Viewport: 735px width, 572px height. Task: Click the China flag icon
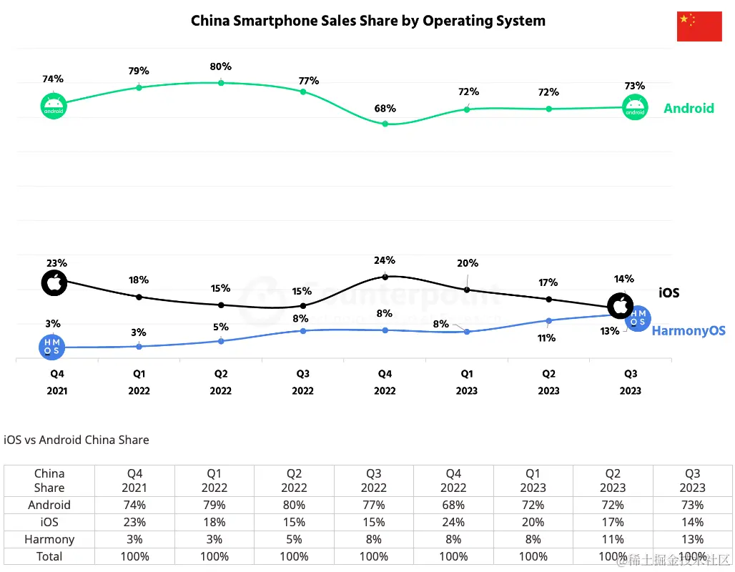pyautogui.click(x=699, y=26)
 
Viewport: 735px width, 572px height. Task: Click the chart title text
pyautogui.click(x=367, y=21)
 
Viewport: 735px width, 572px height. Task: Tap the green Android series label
pyautogui.click(x=689, y=108)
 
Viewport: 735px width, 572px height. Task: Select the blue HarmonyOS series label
pyautogui.click(x=689, y=330)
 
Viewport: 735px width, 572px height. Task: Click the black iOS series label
pyautogui.click(x=669, y=292)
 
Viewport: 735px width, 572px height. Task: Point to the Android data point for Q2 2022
pyautogui.click(x=221, y=83)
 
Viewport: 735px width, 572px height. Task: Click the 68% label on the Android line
pyautogui.click(x=385, y=109)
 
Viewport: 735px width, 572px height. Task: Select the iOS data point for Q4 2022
pyautogui.click(x=385, y=276)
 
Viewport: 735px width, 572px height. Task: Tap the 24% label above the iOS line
pyautogui.click(x=385, y=260)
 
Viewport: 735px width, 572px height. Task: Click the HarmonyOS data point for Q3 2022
pyautogui.click(x=303, y=330)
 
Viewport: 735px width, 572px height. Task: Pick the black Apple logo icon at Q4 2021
pyautogui.click(x=54, y=283)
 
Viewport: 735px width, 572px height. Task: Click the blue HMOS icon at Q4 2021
pyautogui.click(x=51, y=347)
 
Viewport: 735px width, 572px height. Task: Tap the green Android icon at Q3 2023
pyautogui.click(x=635, y=108)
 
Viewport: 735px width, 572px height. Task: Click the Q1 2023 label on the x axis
pyautogui.click(x=466, y=382)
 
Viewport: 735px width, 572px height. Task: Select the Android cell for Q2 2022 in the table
pyautogui.click(x=295, y=505)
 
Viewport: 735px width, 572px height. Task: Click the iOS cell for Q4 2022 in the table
pyautogui.click(x=454, y=522)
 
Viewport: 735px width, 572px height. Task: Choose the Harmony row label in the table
pyautogui.click(x=49, y=539)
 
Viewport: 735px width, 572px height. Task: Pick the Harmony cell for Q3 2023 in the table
pyautogui.click(x=692, y=539)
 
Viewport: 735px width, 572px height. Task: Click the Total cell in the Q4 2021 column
pyautogui.click(x=134, y=556)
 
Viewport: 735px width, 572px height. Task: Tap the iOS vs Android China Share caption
pyautogui.click(x=77, y=440)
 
